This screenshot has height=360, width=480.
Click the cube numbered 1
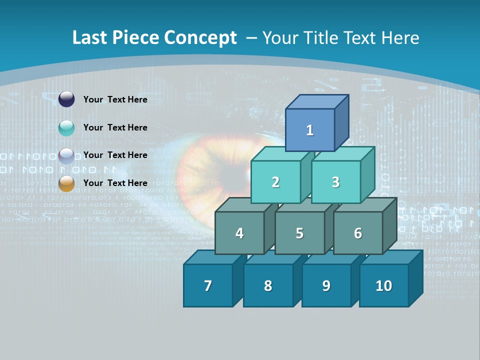tap(310, 130)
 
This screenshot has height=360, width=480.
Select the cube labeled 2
tap(275, 182)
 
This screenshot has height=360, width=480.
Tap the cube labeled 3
tap(335, 182)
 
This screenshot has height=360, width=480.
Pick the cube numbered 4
tap(239, 233)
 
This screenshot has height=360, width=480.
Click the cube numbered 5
tap(299, 233)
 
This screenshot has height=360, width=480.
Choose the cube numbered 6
tap(358, 233)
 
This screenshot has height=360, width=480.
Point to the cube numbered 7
tap(208, 285)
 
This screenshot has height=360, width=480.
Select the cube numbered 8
tap(268, 285)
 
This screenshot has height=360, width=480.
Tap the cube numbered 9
tap(326, 285)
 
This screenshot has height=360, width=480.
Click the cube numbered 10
tap(384, 285)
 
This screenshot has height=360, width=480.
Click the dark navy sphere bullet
tap(66, 99)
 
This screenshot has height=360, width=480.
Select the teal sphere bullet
tap(66, 128)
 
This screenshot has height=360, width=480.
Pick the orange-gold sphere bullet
tap(66, 183)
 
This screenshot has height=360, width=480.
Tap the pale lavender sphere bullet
tap(66, 156)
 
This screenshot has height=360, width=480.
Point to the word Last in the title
tap(90, 38)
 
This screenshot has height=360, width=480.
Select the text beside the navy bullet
tap(115, 99)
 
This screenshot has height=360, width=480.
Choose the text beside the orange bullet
tap(115, 183)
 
